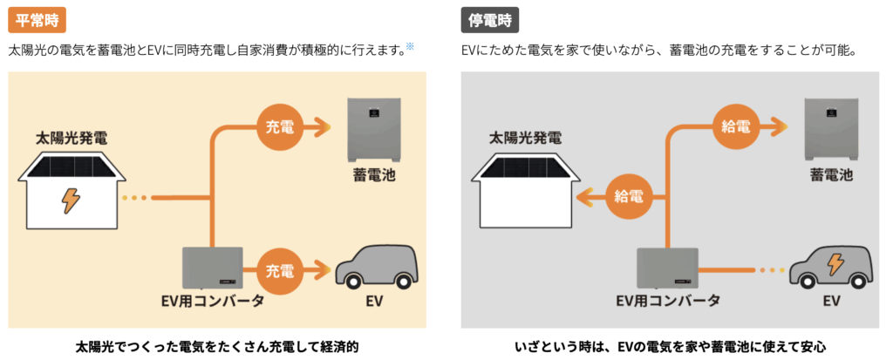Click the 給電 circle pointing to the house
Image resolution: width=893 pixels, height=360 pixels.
coord(628,195)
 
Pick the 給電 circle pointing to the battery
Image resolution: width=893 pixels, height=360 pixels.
coord(735,127)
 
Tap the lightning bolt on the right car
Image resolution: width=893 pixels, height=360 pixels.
coord(835,262)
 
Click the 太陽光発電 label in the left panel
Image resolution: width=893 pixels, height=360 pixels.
coord(72,137)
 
